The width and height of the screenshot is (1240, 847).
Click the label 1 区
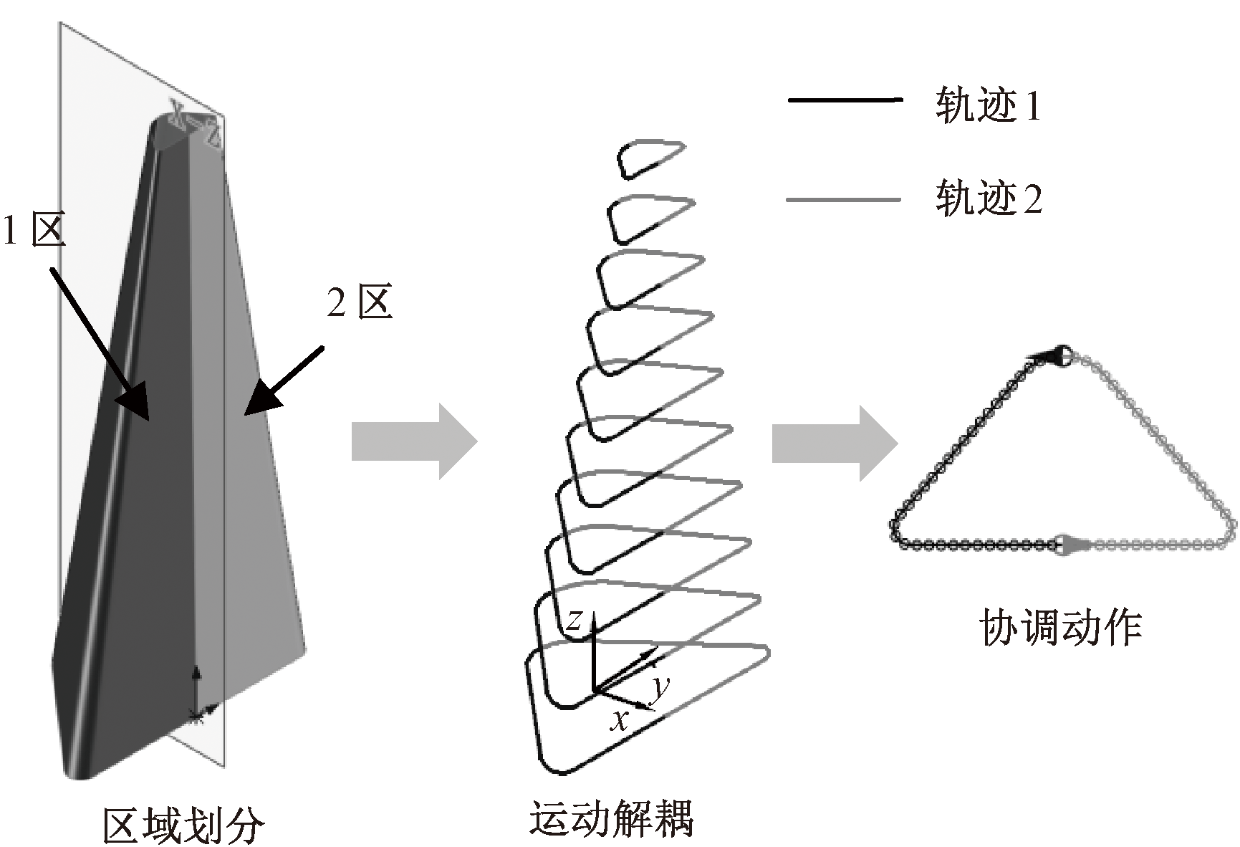pos(34,231)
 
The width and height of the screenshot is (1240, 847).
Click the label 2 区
pos(360,303)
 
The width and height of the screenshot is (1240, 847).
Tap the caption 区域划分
pos(183,826)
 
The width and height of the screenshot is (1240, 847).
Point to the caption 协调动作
pos(1059,628)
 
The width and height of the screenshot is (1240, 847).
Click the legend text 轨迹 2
pos(988,198)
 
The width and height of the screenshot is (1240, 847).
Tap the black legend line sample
pos(843,100)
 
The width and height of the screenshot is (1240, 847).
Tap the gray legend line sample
pos(843,198)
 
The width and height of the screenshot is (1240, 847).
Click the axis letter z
pos(573,619)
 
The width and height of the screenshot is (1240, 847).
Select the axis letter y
pos(660,686)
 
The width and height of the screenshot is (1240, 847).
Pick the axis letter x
pos(619,719)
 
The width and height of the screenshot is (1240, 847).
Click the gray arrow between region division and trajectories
pos(414,441)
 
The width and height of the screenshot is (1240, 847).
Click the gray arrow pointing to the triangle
pos(835,443)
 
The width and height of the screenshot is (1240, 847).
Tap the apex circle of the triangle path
pos(1063,354)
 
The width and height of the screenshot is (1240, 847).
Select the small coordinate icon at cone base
pos(198,695)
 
